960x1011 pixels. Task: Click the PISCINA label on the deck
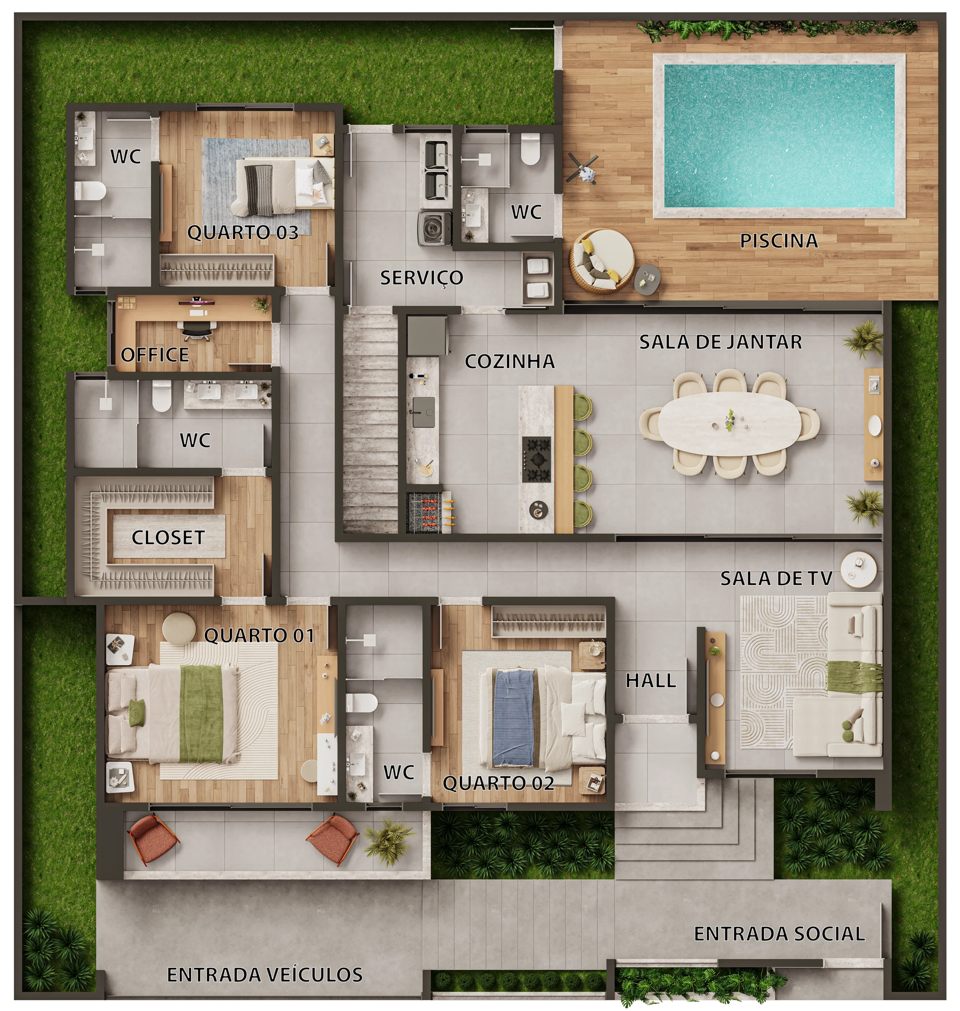[779, 241]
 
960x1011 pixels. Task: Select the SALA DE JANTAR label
[720, 342]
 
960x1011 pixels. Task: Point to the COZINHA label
[510, 361]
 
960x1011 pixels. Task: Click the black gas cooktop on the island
[536, 459]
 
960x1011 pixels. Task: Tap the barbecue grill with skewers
[429, 512]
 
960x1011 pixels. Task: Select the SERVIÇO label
[422, 278]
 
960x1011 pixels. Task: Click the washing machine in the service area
[435, 229]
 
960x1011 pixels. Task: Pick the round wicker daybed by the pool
[603, 261]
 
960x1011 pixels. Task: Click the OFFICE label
[155, 355]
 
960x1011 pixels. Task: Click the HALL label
[651, 680]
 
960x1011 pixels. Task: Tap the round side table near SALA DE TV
[859, 569]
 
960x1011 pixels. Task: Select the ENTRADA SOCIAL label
[779, 934]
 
